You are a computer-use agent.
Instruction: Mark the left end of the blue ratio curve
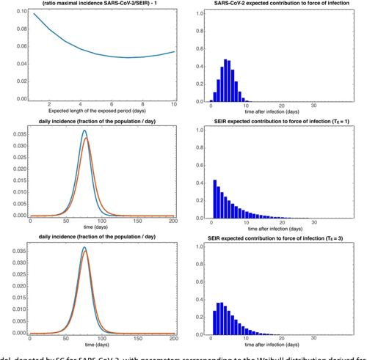click(33, 14)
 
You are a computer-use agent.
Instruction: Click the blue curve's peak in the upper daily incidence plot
click(84, 131)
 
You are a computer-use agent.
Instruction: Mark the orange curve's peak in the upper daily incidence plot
click(87, 138)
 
